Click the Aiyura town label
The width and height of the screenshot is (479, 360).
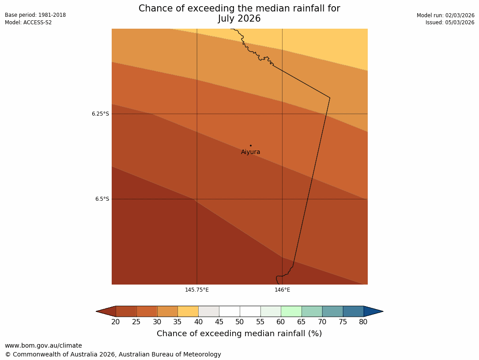pyautogui.click(x=250, y=152)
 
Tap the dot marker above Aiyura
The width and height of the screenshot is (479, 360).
pyautogui.click(x=250, y=145)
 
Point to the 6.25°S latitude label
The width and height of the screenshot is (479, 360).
pyautogui.click(x=100, y=114)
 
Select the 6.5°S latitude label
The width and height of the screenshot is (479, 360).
pyautogui.click(x=102, y=199)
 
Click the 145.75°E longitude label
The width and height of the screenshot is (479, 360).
pyautogui.click(x=197, y=290)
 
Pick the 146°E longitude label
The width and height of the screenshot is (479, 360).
pyautogui.click(x=282, y=290)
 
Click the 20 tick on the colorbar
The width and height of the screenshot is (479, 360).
pyautogui.click(x=116, y=322)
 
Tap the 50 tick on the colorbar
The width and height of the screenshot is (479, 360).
pyautogui.click(x=240, y=322)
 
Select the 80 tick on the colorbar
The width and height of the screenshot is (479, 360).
pyautogui.click(x=363, y=322)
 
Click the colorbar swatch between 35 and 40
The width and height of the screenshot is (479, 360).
pyautogui.click(x=188, y=311)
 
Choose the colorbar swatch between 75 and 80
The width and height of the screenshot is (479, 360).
pyautogui.click(x=353, y=311)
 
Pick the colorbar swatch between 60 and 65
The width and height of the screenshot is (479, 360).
pyautogui.click(x=291, y=311)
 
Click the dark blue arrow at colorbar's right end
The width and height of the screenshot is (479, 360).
pyautogui.click(x=373, y=311)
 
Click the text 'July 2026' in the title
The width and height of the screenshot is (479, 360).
pyautogui.click(x=239, y=19)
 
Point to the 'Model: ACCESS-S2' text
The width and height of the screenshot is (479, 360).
pyautogui.click(x=28, y=22)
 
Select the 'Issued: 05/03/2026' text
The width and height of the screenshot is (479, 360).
pyautogui.click(x=450, y=22)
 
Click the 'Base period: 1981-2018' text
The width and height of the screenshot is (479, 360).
pyautogui.click(x=35, y=15)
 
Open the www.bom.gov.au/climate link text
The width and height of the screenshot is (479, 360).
pyautogui.click(x=43, y=346)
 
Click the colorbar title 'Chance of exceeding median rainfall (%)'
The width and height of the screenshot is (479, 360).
pyautogui.click(x=239, y=334)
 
